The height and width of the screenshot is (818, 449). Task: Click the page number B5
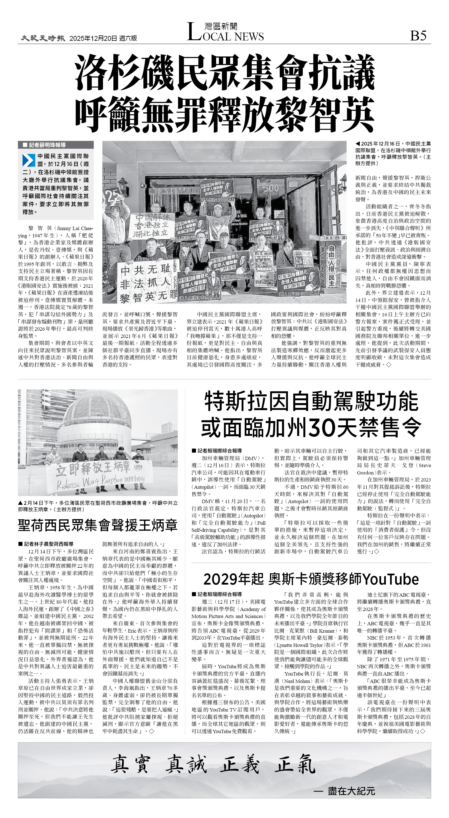[418, 36]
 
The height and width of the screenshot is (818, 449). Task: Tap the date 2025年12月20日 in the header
[93, 38]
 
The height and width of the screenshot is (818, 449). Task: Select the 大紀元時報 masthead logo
[43, 38]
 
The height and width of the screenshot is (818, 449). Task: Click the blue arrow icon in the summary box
[29, 160]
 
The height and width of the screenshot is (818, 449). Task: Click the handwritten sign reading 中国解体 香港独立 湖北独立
[152, 225]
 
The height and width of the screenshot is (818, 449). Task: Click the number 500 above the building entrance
[271, 188]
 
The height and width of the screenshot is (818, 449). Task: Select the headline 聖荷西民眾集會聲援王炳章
[97, 525]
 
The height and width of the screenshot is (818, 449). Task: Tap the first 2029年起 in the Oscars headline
[233, 579]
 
